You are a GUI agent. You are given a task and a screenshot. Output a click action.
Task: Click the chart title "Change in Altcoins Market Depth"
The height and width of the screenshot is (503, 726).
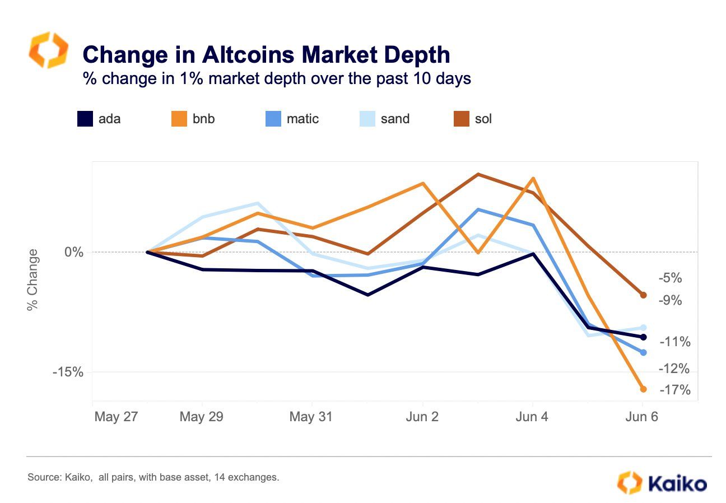pyautogui.click(x=266, y=55)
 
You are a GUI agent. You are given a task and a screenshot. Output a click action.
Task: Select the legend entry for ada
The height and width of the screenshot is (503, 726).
pyautogui.click(x=99, y=119)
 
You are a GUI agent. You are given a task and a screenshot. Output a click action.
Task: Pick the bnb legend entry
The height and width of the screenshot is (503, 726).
pyautogui.click(x=193, y=119)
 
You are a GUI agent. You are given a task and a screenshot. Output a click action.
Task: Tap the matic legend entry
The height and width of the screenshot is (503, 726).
pyautogui.click(x=291, y=119)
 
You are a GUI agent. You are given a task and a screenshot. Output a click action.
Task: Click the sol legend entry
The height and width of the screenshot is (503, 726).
pyautogui.click(x=473, y=119)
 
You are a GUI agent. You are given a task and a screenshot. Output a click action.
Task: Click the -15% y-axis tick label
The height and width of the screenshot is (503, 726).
pyautogui.click(x=68, y=372)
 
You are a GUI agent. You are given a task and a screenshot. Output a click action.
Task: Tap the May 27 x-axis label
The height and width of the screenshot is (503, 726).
pyautogui.click(x=116, y=417)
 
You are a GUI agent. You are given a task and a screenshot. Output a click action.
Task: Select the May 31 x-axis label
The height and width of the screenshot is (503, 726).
pyautogui.click(x=311, y=417)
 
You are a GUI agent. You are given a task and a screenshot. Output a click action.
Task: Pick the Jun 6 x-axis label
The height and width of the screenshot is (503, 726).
pyautogui.click(x=642, y=417)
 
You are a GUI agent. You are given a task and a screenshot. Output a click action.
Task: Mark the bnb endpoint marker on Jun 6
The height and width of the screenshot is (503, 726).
pyautogui.click(x=643, y=389)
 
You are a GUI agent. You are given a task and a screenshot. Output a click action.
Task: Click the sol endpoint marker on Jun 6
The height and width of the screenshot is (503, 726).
pyautogui.click(x=643, y=295)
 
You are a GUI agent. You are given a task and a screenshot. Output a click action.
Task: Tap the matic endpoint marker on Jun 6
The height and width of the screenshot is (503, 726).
pyautogui.click(x=643, y=352)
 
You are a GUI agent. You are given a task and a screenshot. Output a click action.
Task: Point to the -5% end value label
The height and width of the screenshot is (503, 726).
pyautogui.click(x=670, y=278)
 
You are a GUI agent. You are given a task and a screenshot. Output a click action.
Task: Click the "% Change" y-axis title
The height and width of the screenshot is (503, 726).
pyautogui.click(x=33, y=279)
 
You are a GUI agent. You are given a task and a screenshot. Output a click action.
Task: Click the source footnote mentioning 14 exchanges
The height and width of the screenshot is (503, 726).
pyautogui.click(x=153, y=478)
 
